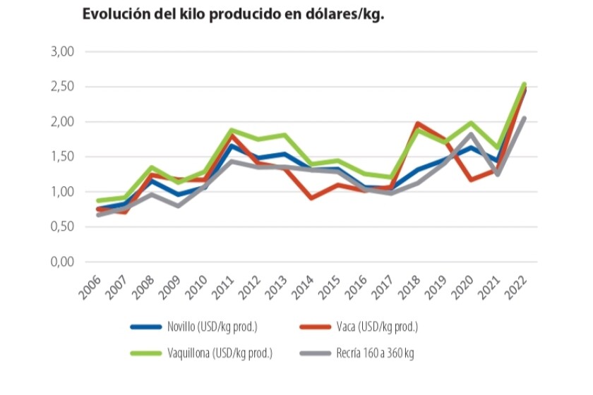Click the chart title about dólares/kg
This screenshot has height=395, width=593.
(233, 15)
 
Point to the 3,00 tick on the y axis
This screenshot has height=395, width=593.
(63, 52)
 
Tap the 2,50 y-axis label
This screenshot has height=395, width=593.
(63, 87)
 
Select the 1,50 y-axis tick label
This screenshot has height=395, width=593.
(63, 157)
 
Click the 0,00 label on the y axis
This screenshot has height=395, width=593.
(63, 262)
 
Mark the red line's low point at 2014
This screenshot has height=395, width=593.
(311, 198)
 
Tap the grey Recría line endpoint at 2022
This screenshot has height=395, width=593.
(524, 118)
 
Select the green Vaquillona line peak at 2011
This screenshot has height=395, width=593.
(231, 130)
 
